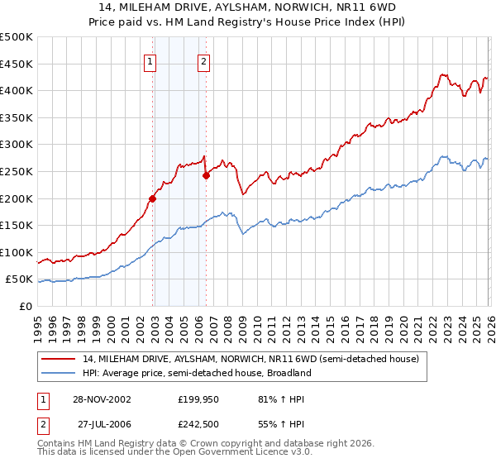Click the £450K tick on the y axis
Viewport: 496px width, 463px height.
(17, 64)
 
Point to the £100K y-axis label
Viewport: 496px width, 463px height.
(17, 252)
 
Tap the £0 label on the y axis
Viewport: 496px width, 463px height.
(25, 306)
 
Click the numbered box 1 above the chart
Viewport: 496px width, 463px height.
(150, 60)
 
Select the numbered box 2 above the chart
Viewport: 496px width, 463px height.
(203, 60)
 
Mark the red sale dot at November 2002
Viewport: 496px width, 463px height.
(153, 198)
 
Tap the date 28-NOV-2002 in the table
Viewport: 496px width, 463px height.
(102, 399)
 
